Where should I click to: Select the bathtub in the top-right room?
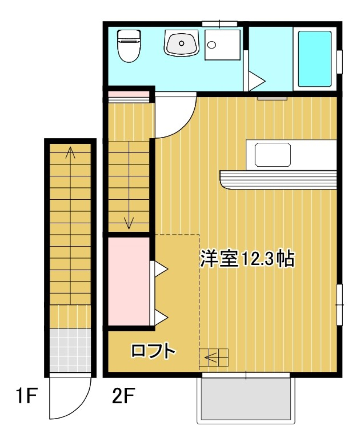(x=314, y=59)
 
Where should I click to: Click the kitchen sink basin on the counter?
(x=273, y=155)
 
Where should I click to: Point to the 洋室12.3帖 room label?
(x=246, y=258)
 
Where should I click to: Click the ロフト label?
(x=153, y=351)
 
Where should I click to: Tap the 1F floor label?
(x=25, y=396)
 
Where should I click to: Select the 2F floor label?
(x=123, y=396)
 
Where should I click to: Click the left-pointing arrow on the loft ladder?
(x=212, y=358)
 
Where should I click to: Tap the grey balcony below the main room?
(x=246, y=399)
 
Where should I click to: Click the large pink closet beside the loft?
(x=129, y=281)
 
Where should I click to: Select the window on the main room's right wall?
(x=339, y=305)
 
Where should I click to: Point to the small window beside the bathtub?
(x=339, y=62)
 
